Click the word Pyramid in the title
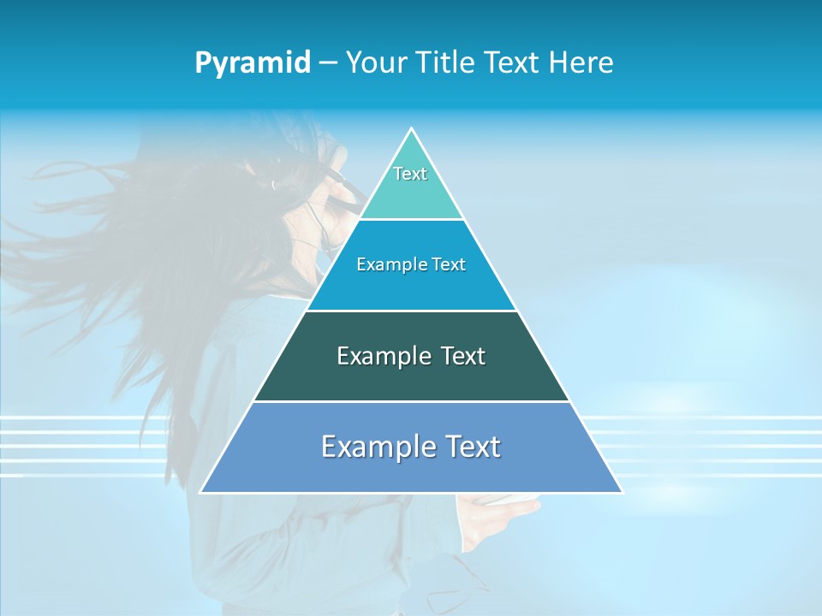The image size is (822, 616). (x=253, y=63)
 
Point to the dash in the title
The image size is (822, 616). (x=328, y=63)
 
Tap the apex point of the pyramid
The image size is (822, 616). (x=411, y=129)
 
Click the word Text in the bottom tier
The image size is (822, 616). (x=471, y=447)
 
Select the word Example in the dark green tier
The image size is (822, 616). (x=382, y=356)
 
